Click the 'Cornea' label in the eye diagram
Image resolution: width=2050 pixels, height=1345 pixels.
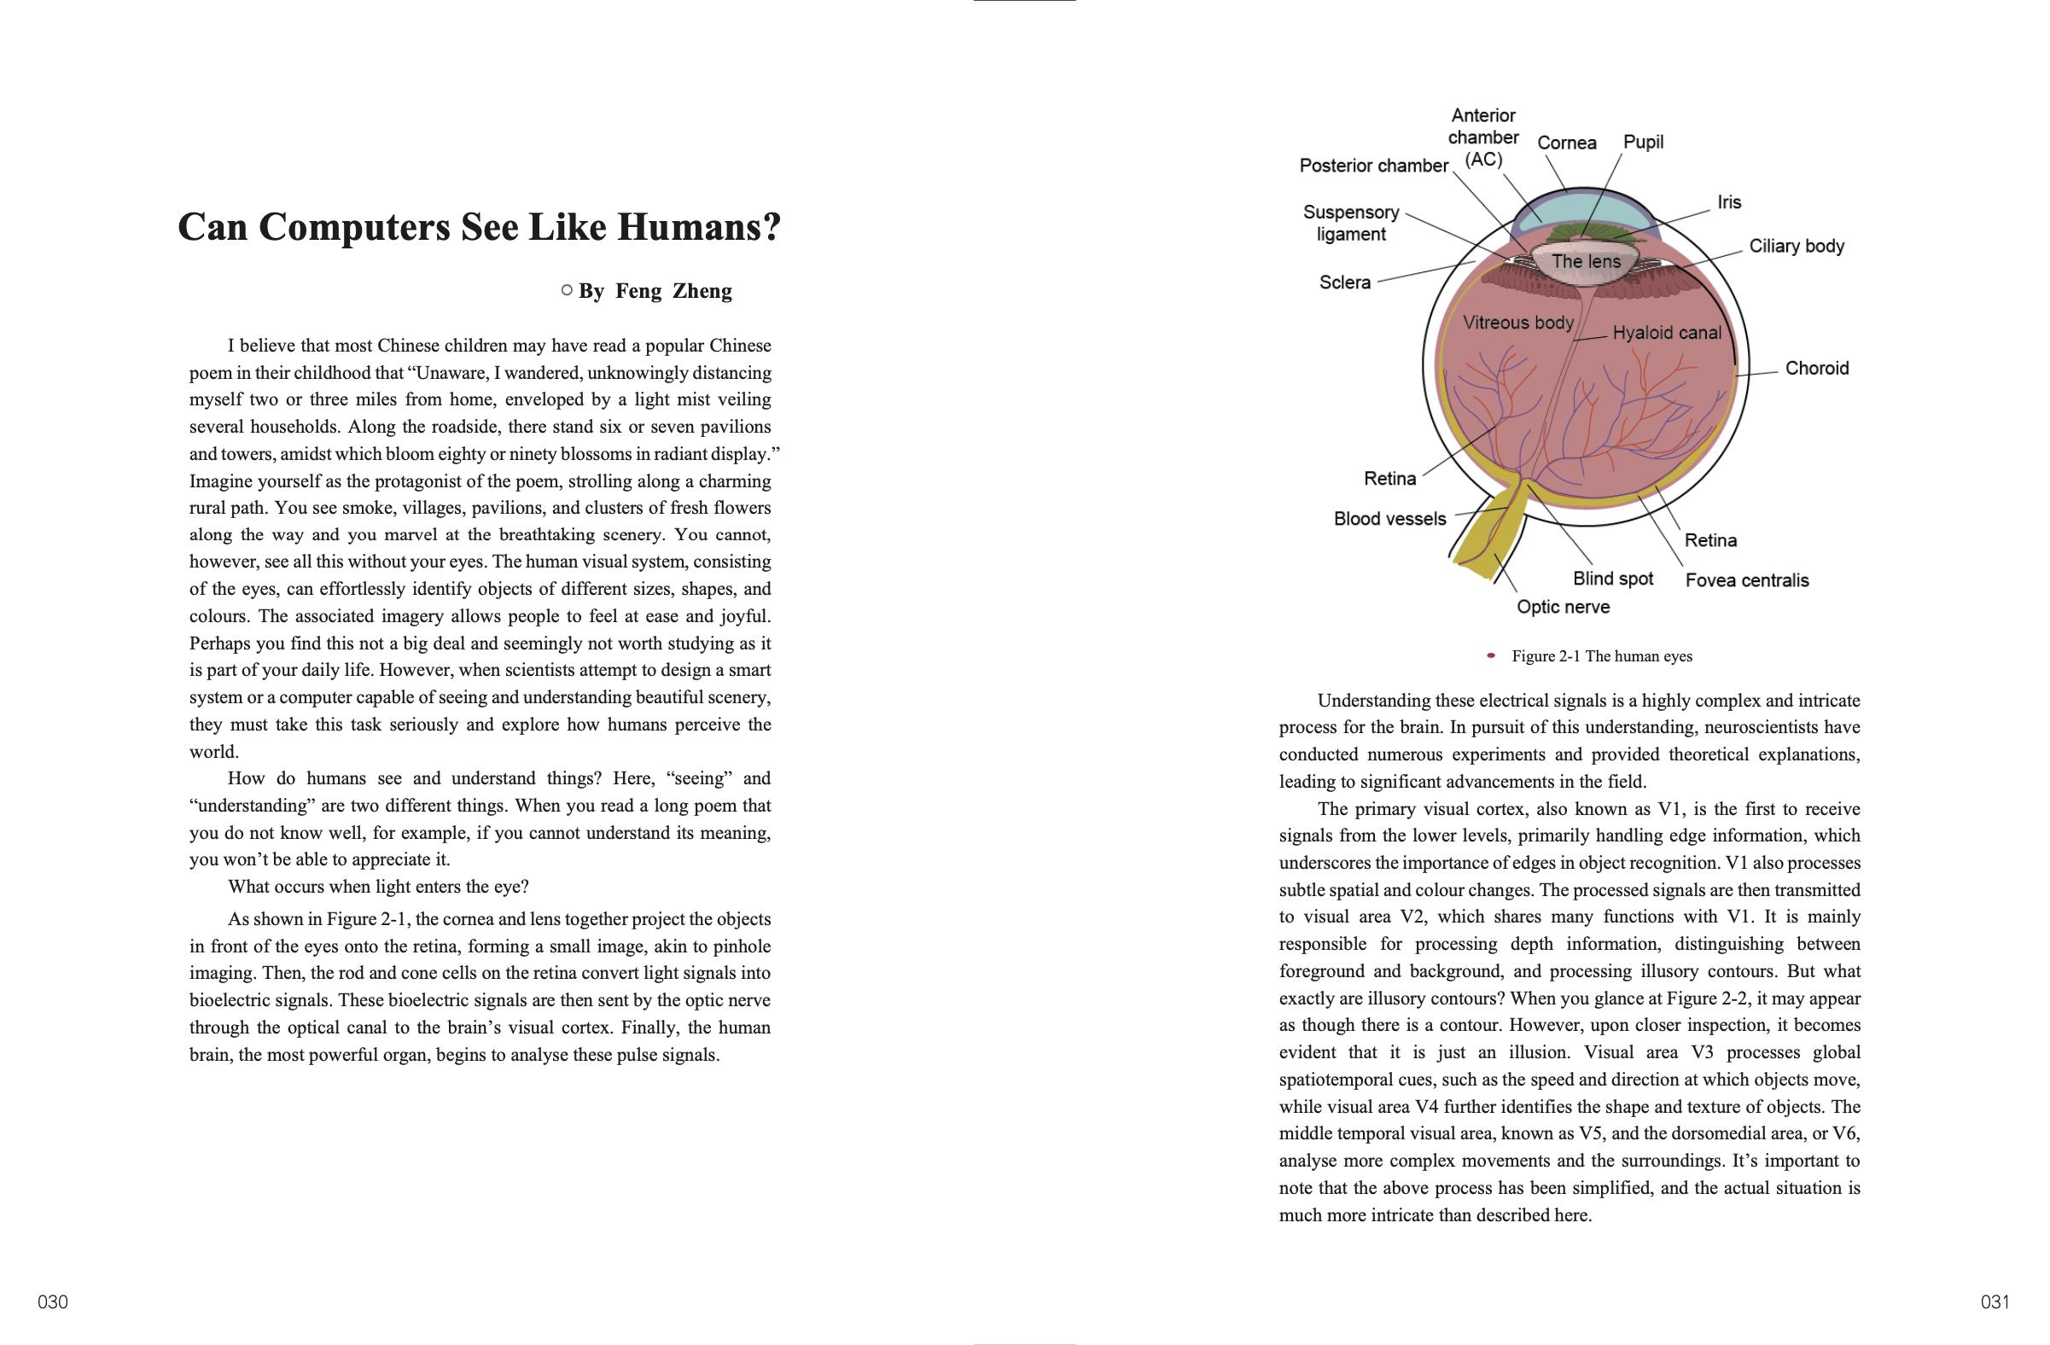(1566, 143)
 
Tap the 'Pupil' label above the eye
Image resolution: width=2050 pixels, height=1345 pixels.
(1643, 142)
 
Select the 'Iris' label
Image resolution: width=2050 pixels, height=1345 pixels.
(1729, 202)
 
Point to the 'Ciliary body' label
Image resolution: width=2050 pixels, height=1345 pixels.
(1796, 247)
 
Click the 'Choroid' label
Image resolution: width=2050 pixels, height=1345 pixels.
(1816, 369)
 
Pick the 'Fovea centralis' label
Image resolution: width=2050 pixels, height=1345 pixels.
(1747, 580)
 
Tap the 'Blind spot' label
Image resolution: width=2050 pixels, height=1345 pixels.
(1612, 579)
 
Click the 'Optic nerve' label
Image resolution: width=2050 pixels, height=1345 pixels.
(1563, 607)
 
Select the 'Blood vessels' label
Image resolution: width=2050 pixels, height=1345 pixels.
(1389, 518)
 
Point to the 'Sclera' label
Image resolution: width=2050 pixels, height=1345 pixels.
(1344, 282)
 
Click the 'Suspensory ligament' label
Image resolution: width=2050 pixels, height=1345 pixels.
(1350, 223)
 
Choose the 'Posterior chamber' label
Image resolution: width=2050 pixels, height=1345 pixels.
(1373, 166)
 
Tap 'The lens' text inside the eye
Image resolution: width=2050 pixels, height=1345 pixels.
(1586, 262)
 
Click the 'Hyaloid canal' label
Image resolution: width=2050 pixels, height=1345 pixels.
(1667, 333)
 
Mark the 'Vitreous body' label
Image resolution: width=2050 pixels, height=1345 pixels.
(1517, 323)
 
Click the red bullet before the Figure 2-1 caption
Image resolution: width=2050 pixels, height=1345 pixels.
(1491, 656)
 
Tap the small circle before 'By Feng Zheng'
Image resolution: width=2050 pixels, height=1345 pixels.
(567, 290)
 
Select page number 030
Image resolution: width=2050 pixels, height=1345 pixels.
(53, 1302)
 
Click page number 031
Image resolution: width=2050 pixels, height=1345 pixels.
(1995, 1302)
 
